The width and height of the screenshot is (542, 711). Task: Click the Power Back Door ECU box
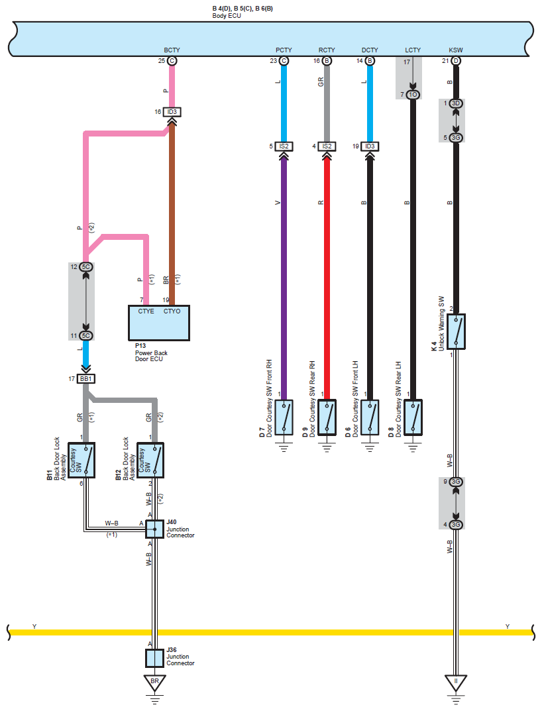point(159,323)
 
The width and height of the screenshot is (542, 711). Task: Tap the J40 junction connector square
point(154,529)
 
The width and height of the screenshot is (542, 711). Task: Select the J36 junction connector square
point(154,658)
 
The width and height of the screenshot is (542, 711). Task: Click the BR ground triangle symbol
point(154,683)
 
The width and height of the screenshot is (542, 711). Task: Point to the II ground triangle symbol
point(456,683)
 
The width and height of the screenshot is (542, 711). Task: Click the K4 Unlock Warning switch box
point(456,331)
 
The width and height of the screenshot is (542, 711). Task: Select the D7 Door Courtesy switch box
point(284,417)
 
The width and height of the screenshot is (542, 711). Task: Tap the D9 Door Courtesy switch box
point(327,417)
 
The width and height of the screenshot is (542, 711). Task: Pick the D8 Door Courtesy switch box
point(413,417)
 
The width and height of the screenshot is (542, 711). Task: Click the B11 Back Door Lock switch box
point(81,461)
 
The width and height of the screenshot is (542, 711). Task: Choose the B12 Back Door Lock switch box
point(150,461)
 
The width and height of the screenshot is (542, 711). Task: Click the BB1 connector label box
point(85,378)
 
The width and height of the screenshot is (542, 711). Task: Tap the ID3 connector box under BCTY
point(172,111)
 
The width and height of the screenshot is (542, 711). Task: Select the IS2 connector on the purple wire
point(284,146)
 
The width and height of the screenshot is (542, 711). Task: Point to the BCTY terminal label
point(172,50)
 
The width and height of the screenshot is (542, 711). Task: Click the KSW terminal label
point(456,50)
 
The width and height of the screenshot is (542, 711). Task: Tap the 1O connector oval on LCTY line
point(413,94)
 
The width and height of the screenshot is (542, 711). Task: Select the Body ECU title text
point(227,16)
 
